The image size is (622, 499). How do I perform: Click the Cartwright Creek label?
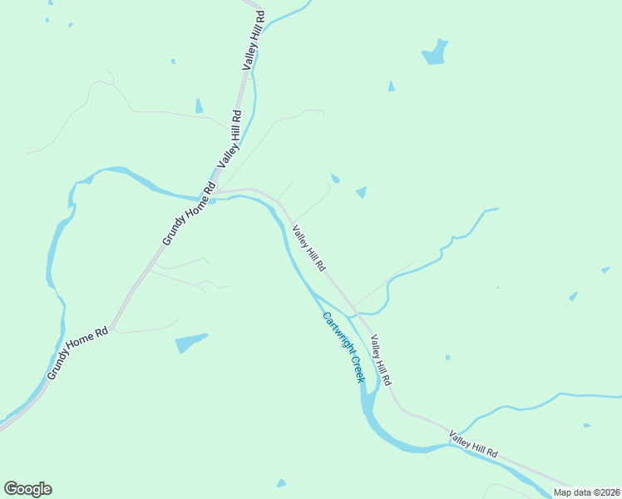pyautogui.click(x=343, y=347)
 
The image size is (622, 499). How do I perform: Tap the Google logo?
pyautogui.click(x=27, y=489)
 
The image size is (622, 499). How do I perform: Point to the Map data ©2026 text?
pyautogui.click(x=586, y=492)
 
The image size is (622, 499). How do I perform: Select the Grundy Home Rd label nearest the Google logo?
pyautogui.click(x=78, y=353)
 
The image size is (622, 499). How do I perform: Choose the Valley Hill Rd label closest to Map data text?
pyautogui.click(x=473, y=444)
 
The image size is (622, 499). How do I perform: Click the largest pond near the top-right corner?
pyautogui.click(x=435, y=53)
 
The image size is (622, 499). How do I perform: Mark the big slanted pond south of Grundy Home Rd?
pyautogui.click(x=190, y=342)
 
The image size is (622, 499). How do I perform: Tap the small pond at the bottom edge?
pyautogui.click(x=281, y=483)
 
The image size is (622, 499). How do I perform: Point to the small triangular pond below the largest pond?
pyautogui.click(x=391, y=86)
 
